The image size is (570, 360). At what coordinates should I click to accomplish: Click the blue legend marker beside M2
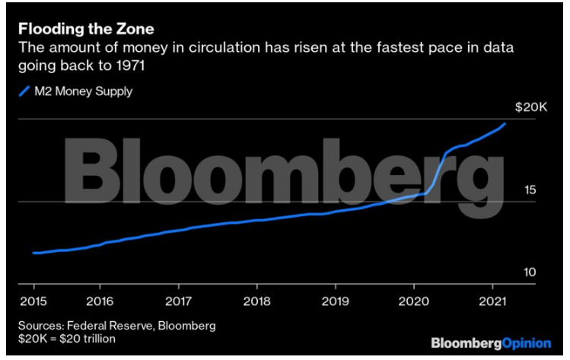[x=23, y=93]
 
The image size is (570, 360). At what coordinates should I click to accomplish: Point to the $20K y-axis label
[x=530, y=107]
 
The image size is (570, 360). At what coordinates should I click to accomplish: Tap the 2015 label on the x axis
[x=34, y=300]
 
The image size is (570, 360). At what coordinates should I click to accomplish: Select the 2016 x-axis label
[x=100, y=300]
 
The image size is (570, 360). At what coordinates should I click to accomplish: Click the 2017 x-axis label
[x=178, y=300]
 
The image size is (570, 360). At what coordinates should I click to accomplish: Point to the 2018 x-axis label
[x=256, y=300]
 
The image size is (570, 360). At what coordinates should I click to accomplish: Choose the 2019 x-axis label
[x=335, y=300]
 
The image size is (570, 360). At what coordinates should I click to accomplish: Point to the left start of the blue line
[x=34, y=253]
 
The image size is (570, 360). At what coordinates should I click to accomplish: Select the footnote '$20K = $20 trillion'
[x=67, y=338]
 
